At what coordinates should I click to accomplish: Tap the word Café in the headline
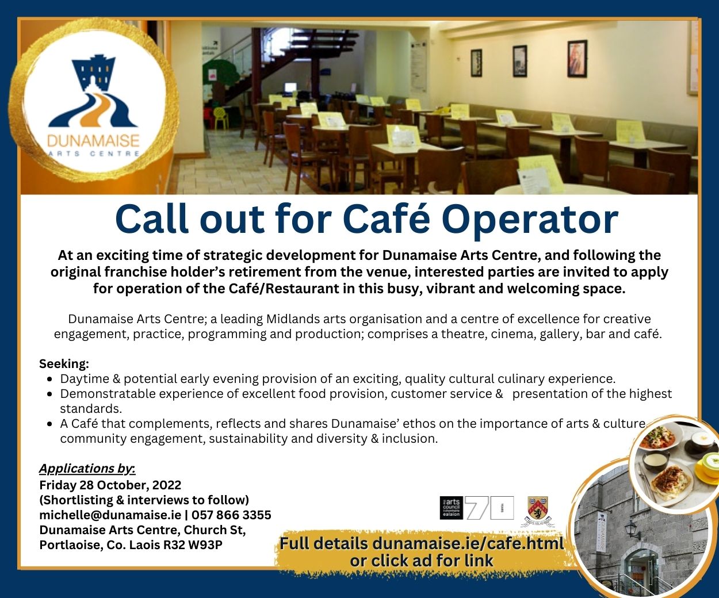[x=387, y=217]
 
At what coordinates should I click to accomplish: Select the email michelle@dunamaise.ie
[x=110, y=515]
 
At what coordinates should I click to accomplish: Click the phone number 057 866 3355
[x=231, y=515]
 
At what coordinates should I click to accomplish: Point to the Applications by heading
[x=87, y=469]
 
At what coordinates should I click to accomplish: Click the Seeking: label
[x=64, y=363]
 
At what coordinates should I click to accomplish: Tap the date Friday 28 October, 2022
[x=110, y=485]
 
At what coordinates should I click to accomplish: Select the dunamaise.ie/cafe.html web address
[x=468, y=543]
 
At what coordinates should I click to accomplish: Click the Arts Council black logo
[x=452, y=508]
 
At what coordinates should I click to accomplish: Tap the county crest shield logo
[x=538, y=509]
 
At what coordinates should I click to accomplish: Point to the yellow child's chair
[x=220, y=117]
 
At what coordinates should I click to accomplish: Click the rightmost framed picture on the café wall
[x=577, y=59]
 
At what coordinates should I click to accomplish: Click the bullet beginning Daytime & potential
[x=338, y=379]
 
